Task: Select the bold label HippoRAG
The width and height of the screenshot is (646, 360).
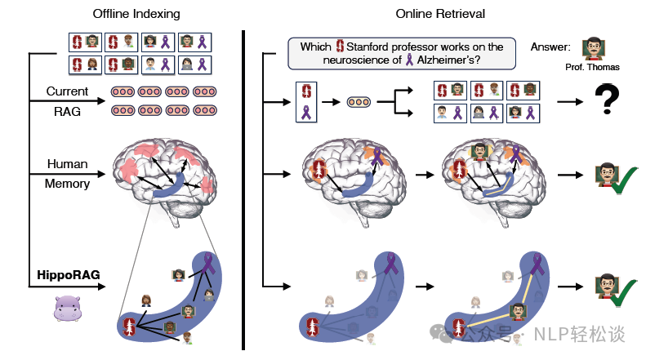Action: (x=68, y=275)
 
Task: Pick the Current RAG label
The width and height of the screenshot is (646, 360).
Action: (x=68, y=102)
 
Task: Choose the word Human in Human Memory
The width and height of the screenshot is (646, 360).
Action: (x=68, y=164)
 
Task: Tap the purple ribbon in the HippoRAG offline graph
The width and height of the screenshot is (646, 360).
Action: (x=210, y=264)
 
